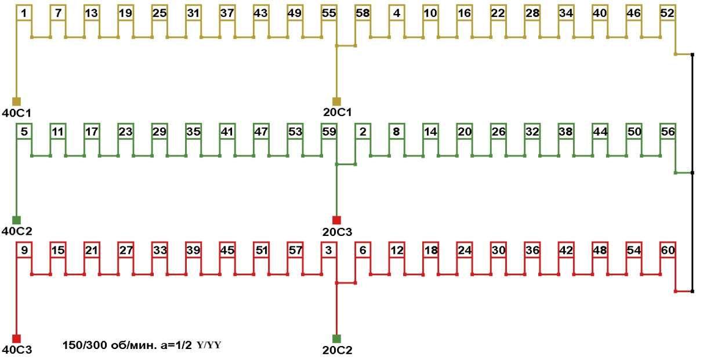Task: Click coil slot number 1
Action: [23, 13]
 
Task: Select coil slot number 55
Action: [329, 13]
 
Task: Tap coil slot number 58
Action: [363, 13]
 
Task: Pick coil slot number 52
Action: [668, 13]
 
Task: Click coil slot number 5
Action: [23, 132]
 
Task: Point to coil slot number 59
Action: [329, 132]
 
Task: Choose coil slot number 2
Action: [363, 132]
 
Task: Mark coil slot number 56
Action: [668, 132]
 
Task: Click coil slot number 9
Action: [23, 250]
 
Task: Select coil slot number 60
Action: [668, 250]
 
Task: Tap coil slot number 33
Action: [160, 250]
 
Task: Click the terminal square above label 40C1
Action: [16, 101]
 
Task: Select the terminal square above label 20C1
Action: [336, 101]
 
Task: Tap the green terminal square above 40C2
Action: [16, 220]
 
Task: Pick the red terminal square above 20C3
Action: [336, 220]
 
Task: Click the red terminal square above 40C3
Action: [16, 339]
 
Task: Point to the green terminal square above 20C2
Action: [336, 339]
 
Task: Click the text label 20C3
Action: [337, 232]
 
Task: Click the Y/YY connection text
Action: [209, 346]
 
